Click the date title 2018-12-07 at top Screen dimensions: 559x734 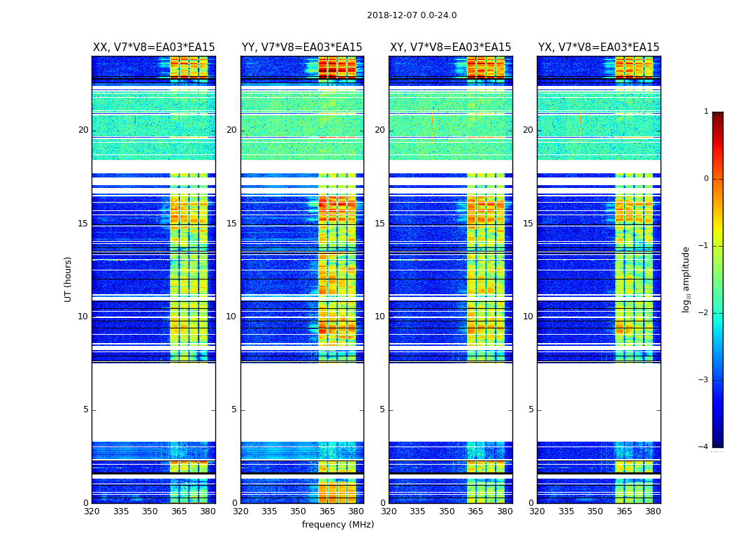click(412, 15)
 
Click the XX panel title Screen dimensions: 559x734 click(154, 48)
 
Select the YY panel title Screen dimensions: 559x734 click(302, 48)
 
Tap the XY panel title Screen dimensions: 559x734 click(450, 48)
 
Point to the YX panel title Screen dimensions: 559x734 click(598, 48)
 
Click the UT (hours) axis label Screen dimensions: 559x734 click(69, 279)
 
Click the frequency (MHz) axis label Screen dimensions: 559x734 click(338, 525)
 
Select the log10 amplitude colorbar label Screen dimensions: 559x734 click(686, 279)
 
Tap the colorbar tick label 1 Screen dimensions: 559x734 click(705, 112)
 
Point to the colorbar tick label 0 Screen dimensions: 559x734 click(705, 179)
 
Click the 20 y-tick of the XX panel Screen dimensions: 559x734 click(83, 130)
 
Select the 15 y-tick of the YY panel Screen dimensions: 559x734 click(231, 224)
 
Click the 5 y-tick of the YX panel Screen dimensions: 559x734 click(531, 409)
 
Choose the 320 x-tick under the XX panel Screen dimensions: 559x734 click(92, 511)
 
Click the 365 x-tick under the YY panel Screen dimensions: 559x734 click(327, 511)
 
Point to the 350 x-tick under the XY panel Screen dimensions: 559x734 click(447, 511)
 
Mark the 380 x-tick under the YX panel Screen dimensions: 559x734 click(653, 511)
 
